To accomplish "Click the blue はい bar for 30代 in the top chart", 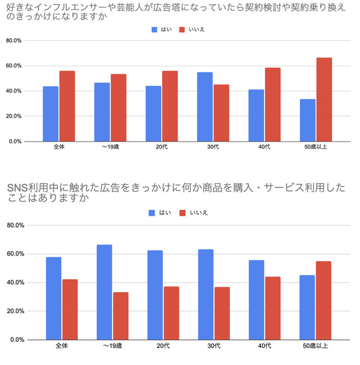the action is [x=205, y=107].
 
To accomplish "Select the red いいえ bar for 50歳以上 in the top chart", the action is [x=324, y=100].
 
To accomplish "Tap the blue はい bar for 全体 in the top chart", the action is [x=50, y=114].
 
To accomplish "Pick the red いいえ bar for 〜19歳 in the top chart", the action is [x=119, y=108].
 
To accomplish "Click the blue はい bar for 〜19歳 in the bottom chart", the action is [x=104, y=292].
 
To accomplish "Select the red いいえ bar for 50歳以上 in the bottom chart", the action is [x=324, y=301].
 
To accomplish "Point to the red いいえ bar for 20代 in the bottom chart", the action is [x=171, y=313].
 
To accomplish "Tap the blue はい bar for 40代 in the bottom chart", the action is [x=257, y=300].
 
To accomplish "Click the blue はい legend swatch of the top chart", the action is [x=154, y=30].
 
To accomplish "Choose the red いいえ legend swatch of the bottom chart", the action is [x=182, y=213].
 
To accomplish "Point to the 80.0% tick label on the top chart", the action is [x=14, y=41].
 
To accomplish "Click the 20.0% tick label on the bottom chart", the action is [x=16, y=311].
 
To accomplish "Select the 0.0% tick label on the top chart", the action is [x=15, y=142].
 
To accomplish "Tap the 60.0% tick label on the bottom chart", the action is [x=16, y=254].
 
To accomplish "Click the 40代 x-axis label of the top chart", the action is [x=265, y=147].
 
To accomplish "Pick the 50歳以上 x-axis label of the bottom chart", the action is [x=316, y=346].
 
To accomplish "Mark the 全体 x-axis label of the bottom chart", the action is [x=61, y=346].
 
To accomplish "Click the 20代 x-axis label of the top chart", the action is [x=162, y=147].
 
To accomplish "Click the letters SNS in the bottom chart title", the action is [x=18, y=187].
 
